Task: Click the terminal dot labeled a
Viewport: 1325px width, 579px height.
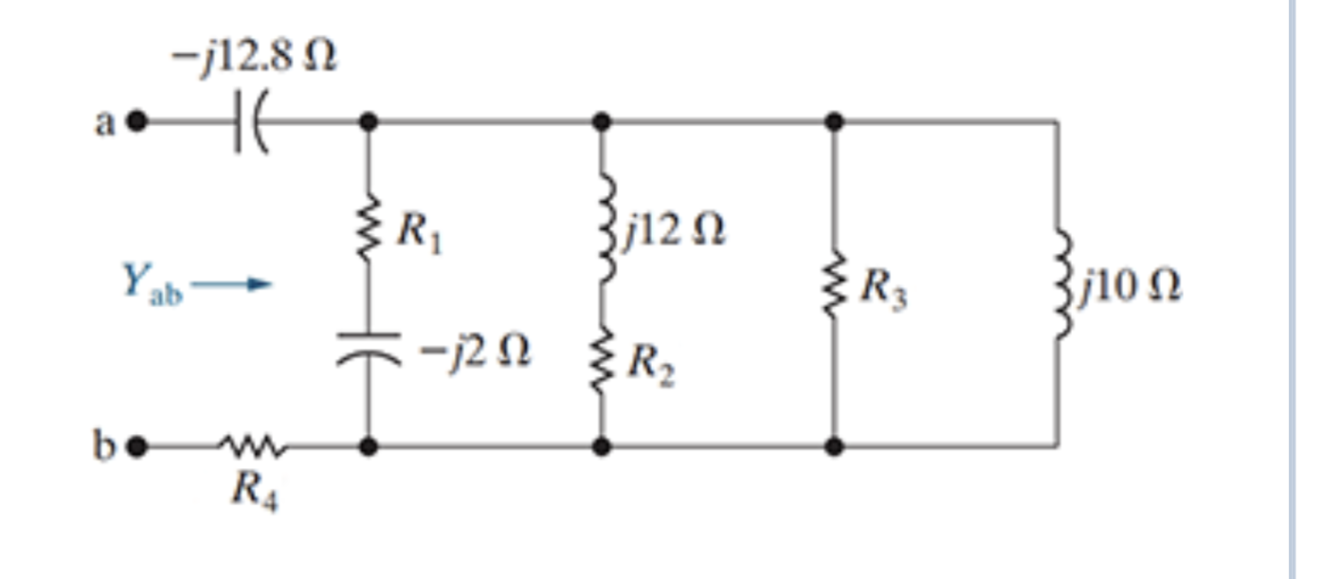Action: [x=137, y=121]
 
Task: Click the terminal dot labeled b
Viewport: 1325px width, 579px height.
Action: [x=137, y=445]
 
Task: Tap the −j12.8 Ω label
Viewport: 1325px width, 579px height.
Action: [x=253, y=59]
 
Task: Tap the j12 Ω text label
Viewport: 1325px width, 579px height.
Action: [x=674, y=230]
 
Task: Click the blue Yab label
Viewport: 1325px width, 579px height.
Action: [x=152, y=281]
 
